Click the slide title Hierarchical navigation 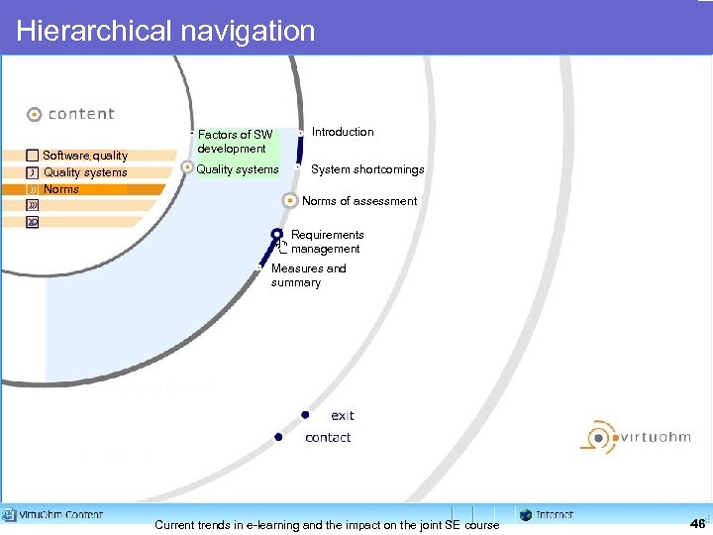point(165,31)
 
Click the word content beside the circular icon point(81,114)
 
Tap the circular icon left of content point(35,114)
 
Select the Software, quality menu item point(84,156)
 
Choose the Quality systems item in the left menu point(85,172)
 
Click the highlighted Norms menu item point(61,189)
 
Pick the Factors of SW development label point(234,142)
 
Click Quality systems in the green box point(238,169)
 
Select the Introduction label point(343,132)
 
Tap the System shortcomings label point(367,169)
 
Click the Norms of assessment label point(359,201)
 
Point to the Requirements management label point(327,242)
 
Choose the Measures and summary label point(308,275)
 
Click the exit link point(343,415)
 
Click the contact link point(328,437)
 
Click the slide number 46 point(698,523)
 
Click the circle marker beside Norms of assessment point(289,201)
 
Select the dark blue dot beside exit point(306,414)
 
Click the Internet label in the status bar point(554,515)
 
